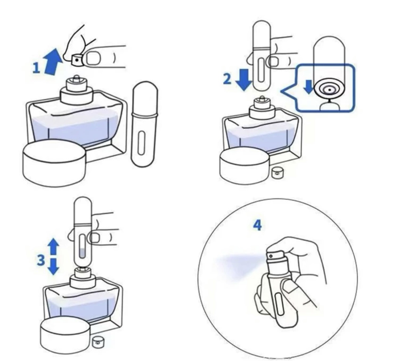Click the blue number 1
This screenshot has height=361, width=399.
coord(36,68)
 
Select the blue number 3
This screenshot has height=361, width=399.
coord(41,260)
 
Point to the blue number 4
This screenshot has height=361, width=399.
coord(257,225)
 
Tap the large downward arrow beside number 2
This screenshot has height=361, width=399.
coord(244,79)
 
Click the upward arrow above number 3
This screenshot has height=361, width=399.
coord(54,247)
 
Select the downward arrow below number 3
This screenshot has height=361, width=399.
coord(54,266)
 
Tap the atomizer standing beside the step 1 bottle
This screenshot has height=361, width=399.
coord(144,124)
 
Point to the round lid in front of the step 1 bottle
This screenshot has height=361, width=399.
coord(54,163)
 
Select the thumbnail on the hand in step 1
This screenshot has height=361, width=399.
coord(94,58)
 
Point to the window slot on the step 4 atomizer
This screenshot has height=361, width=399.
coord(279,304)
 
